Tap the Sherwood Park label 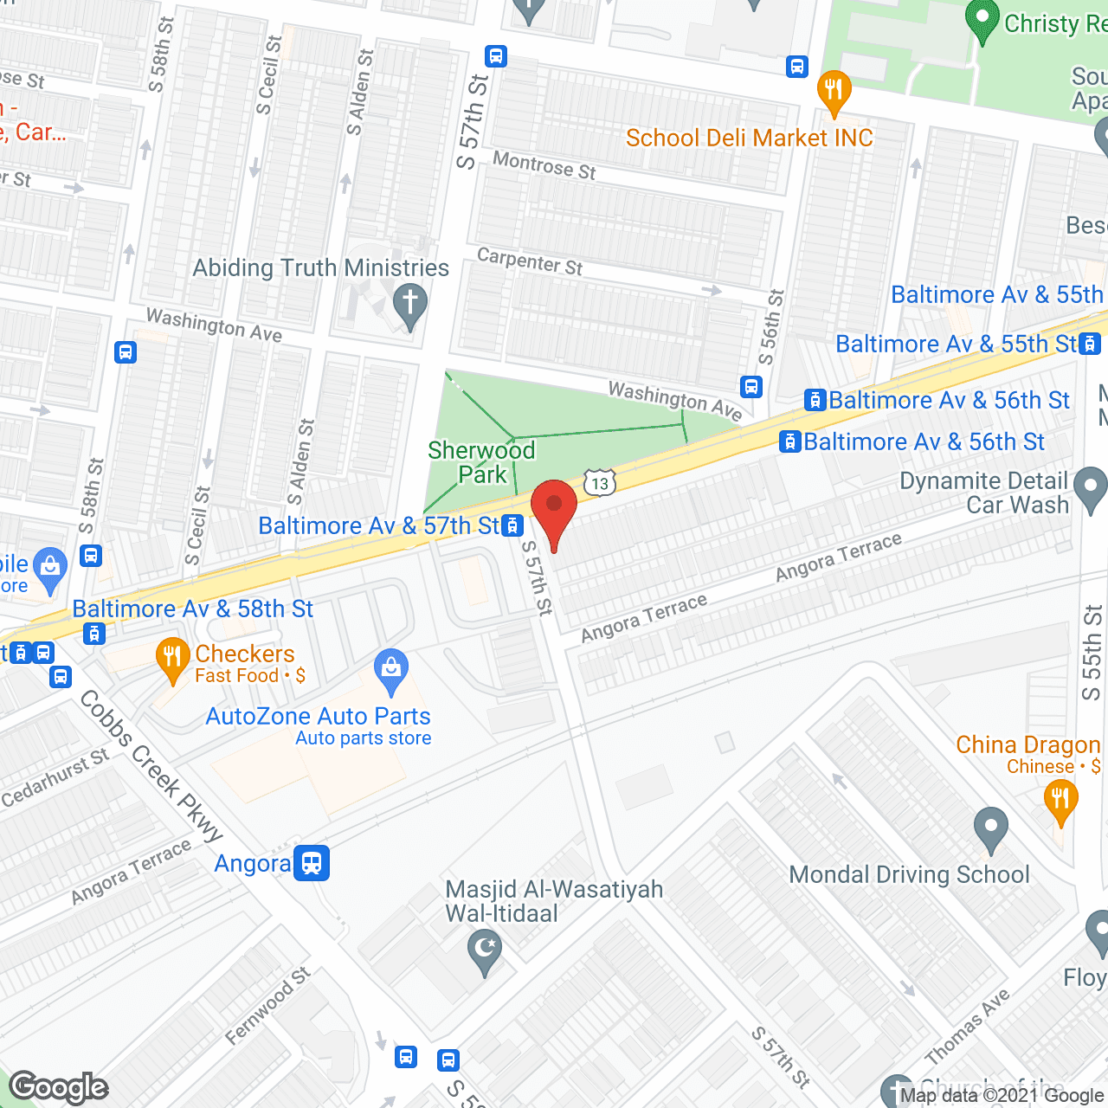tap(481, 462)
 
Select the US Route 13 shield tap(600, 482)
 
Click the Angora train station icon tap(312, 863)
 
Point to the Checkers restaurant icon tap(172, 660)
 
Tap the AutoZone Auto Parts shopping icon tap(391, 671)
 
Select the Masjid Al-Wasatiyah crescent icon tap(485, 950)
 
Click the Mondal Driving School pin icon tap(991, 828)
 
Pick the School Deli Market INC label tap(749, 138)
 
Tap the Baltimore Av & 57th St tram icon tap(513, 525)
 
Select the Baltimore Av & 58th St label tap(192, 609)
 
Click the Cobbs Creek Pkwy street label tap(151, 767)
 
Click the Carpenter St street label tap(530, 261)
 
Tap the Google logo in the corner tap(59, 1086)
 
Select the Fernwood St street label tap(267, 1006)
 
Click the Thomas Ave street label tap(967, 1027)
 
